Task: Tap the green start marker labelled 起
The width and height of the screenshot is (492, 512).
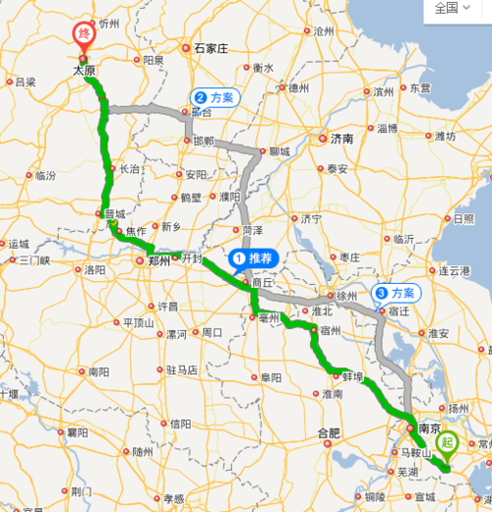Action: pos(449,444)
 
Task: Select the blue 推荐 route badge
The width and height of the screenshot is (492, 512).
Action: pos(255,259)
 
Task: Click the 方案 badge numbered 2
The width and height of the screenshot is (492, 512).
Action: pos(214,98)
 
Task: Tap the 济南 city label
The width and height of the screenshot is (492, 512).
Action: pos(340,139)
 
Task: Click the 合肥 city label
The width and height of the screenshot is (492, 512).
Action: pos(328,432)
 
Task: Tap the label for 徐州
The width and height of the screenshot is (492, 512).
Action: pos(346,295)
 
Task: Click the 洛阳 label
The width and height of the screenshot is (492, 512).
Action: pos(95,269)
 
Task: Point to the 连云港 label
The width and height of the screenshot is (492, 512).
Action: pos(458,270)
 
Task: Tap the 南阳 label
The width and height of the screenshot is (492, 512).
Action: pos(98,372)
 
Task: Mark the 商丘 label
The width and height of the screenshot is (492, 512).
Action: pos(262,282)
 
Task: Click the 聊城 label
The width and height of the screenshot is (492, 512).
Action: pos(279,152)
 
